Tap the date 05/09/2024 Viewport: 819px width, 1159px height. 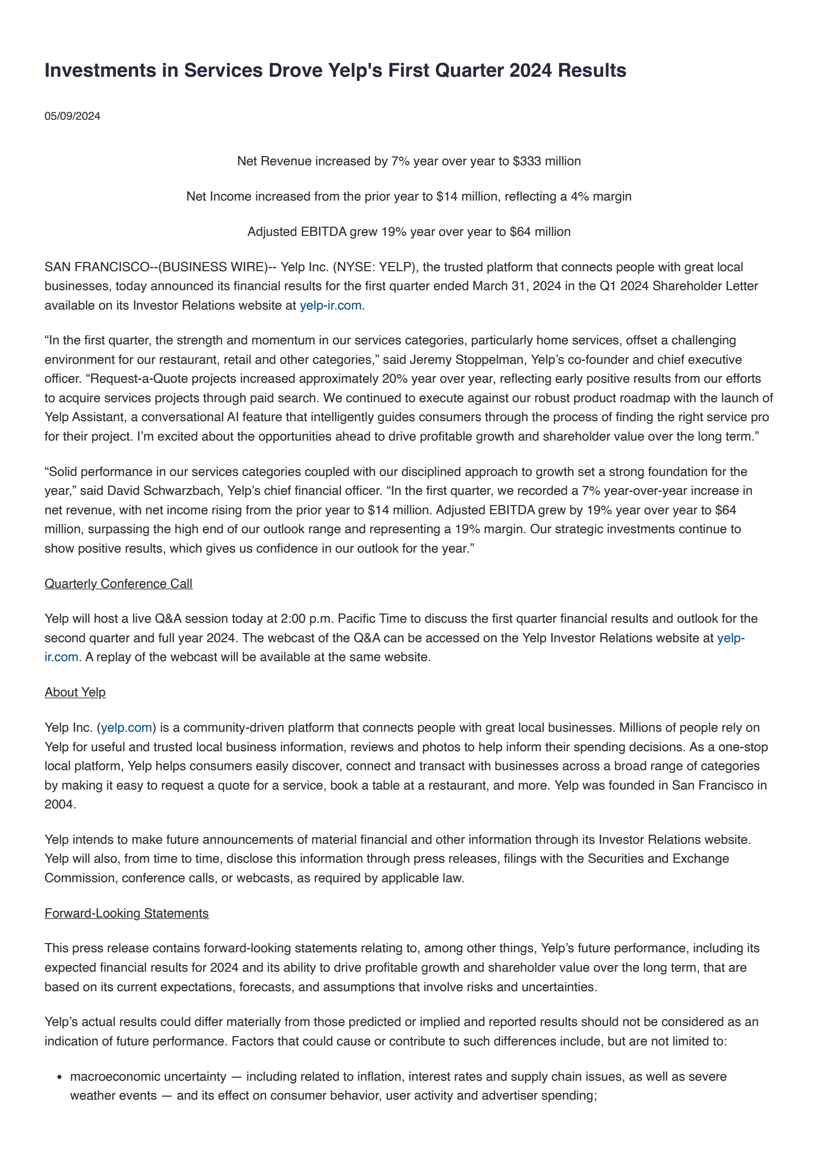[72, 116]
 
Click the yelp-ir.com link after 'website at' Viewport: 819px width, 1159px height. [331, 305]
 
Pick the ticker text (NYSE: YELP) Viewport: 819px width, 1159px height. [373, 267]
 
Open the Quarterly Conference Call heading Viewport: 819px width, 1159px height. [118, 584]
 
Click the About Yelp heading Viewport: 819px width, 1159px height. [75, 692]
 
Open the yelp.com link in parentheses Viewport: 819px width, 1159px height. [126, 728]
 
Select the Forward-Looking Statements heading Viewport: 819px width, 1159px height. [126, 913]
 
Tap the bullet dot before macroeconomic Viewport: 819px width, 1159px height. [60, 1077]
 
